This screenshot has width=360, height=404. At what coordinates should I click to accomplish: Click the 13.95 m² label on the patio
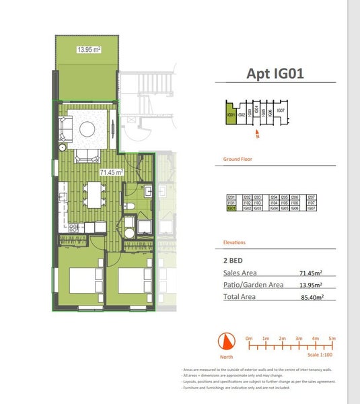pyautogui.click(x=88, y=49)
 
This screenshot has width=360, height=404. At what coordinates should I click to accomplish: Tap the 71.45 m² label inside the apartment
pyautogui.click(x=112, y=172)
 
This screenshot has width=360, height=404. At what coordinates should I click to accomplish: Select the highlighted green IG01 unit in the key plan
pyautogui.click(x=231, y=113)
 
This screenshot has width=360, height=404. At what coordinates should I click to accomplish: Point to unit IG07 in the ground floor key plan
pyautogui.click(x=281, y=110)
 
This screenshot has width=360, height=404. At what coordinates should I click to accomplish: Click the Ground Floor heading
pyautogui.click(x=238, y=160)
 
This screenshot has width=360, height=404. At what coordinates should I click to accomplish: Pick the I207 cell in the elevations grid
pyautogui.click(x=311, y=197)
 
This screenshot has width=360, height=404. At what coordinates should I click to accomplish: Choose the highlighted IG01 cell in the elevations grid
pyautogui.click(x=231, y=209)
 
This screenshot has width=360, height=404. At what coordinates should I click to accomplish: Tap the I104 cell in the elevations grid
pyautogui.click(x=274, y=203)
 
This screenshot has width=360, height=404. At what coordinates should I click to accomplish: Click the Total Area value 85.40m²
pyautogui.click(x=312, y=297)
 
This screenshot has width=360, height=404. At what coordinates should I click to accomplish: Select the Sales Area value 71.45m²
pyautogui.click(x=311, y=273)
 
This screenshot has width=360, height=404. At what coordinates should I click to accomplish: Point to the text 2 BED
pyautogui.click(x=233, y=259)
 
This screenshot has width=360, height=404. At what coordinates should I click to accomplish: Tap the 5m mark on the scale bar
pyautogui.click(x=332, y=338)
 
